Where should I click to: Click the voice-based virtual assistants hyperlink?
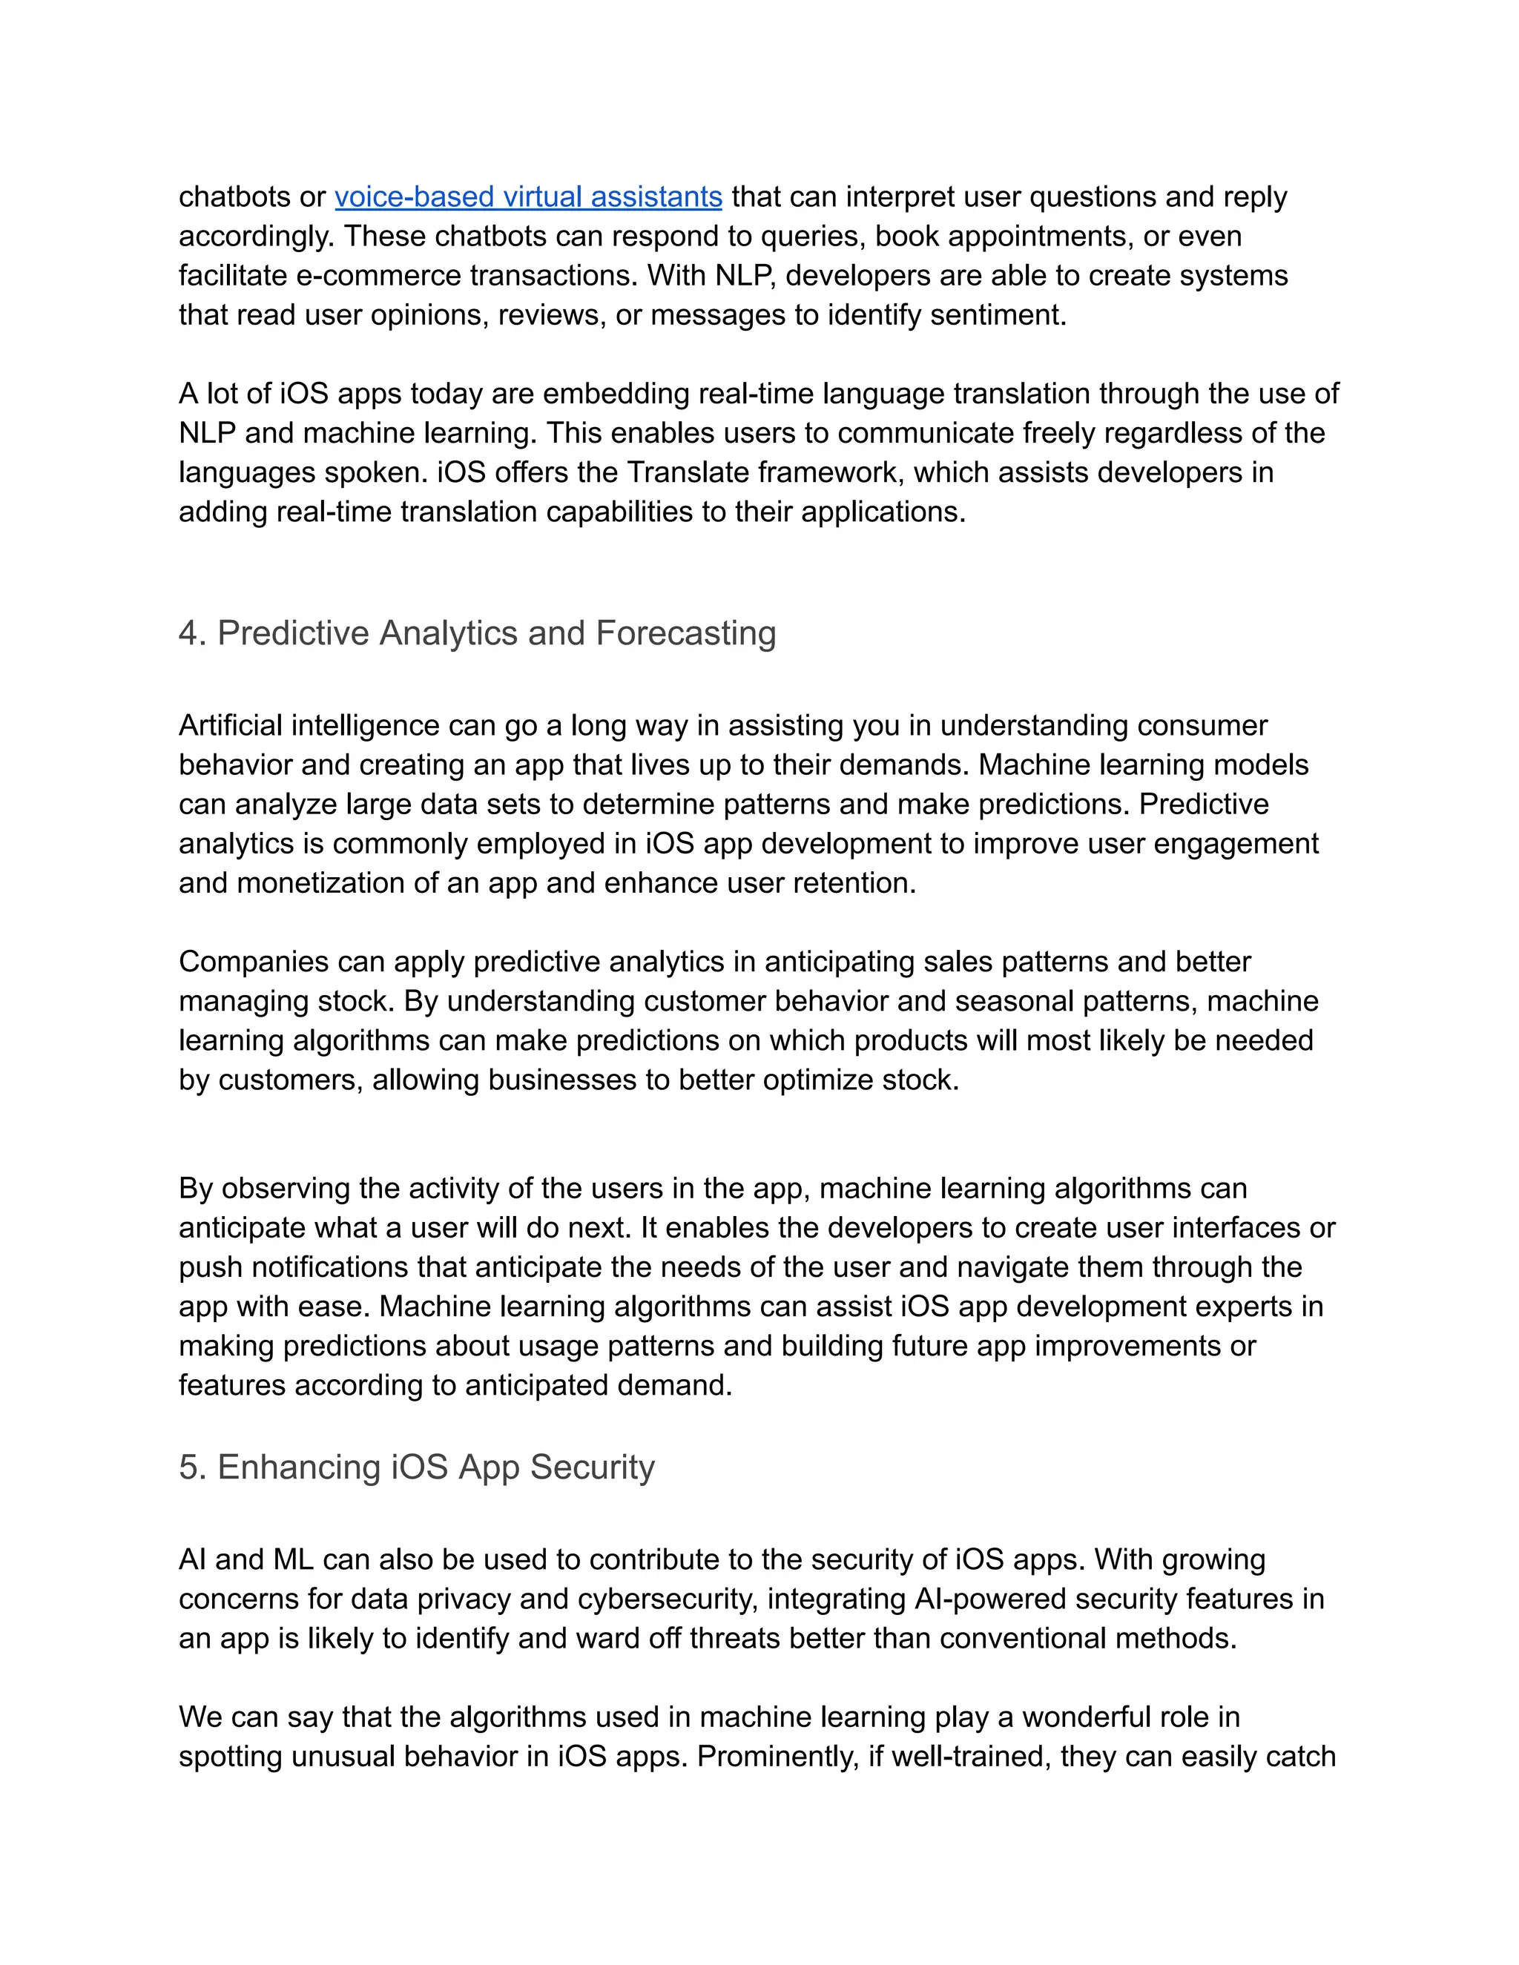pyautogui.click(x=528, y=196)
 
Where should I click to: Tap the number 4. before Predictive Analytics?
pyautogui.click(x=193, y=633)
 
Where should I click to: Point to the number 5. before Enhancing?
pyautogui.click(x=193, y=1467)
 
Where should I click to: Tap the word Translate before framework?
pyautogui.click(x=684, y=472)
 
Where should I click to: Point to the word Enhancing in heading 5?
pyautogui.click(x=299, y=1467)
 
